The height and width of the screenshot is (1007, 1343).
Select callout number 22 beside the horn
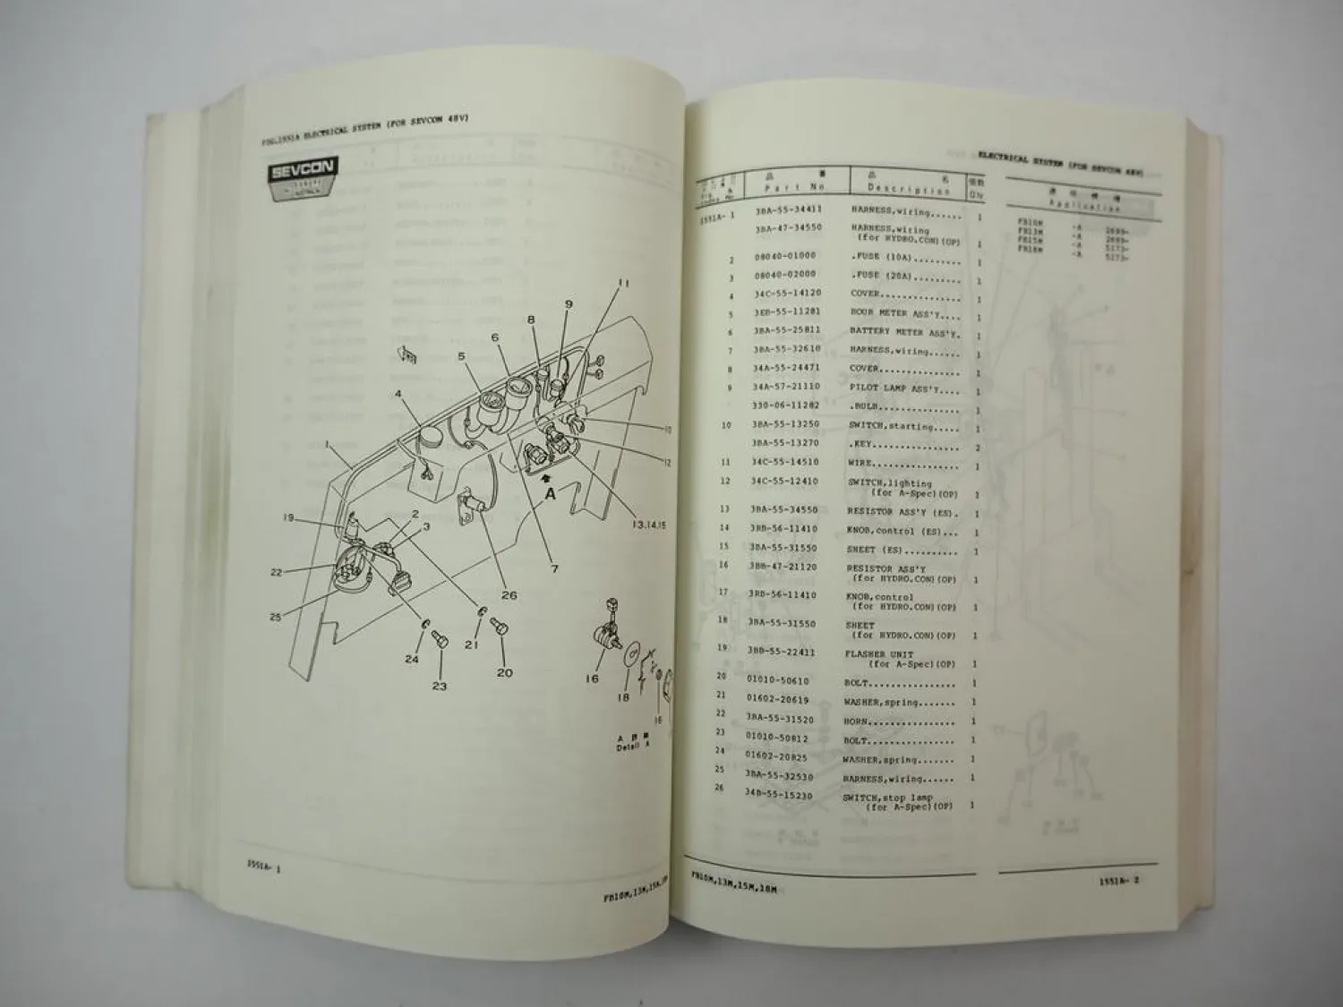click(276, 573)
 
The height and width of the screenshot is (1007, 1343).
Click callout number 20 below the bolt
click(505, 671)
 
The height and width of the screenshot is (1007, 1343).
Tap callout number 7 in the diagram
click(554, 568)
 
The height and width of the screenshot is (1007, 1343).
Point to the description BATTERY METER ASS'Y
click(904, 332)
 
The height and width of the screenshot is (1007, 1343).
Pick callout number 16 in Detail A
click(592, 678)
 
